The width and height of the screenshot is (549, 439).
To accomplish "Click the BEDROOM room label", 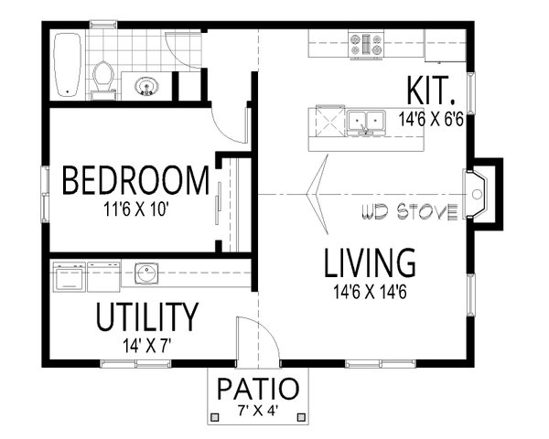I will click(x=135, y=181).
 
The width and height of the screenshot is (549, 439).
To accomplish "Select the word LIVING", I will click(x=371, y=263).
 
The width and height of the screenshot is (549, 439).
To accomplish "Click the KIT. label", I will click(x=431, y=91).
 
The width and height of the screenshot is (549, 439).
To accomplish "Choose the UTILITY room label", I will click(x=146, y=317).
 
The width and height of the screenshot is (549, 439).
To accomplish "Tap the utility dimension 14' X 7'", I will click(x=146, y=346).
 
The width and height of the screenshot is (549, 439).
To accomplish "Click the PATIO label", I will click(x=258, y=388).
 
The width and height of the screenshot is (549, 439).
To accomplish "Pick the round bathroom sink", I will click(x=145, y=88).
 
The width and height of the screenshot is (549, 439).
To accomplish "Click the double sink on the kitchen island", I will click(x=366, y=120).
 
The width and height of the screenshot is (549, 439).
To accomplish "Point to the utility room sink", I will click(x=145, y=272).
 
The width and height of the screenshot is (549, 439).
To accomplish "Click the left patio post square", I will click(x=214, y=417).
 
